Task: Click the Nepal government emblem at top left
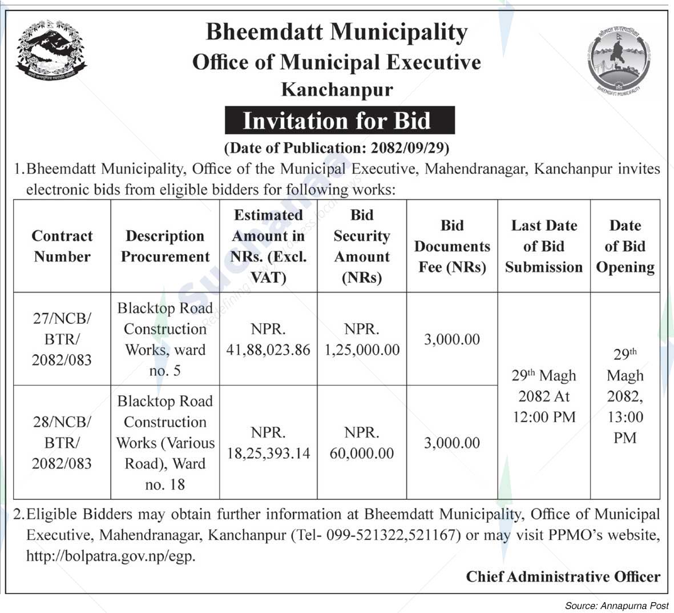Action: click(x=51, y=50)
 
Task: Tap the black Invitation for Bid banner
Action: click(x=340, y=121)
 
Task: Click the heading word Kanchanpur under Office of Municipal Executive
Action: click(x=337, y=90)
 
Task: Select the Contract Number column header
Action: click(x=62, y=246)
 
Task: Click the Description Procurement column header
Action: click(x=165, y=246)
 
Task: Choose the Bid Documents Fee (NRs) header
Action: click(x=451, y=246)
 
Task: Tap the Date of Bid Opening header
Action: click(x=625, y=246)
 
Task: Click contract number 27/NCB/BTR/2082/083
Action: click(x=62, y=339)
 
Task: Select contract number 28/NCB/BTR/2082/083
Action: click(x=62, y=442)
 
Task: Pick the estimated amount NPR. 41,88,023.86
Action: click(x=268, y=339)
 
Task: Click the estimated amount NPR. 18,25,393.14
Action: click(x=268, y=443)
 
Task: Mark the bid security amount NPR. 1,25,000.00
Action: click(x=362, y=339)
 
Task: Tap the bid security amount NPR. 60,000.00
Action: click(x=362, y=443)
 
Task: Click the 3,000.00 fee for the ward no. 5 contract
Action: click(x=451, y=339)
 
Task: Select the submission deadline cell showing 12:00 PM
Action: click(x=543, y=396)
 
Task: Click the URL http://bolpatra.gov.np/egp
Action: click(x=111, y=556)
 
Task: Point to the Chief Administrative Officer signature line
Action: click(x=563, y=576)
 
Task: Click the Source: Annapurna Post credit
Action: click(x=616, y=605)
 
